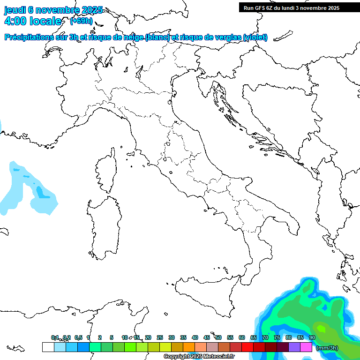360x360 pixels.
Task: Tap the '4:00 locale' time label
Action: pyautogui.click(x=32, y=21)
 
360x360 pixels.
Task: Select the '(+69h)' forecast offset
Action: pyautogui.click(x=81, y=21)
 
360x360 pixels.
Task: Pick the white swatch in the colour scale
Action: pyautogui.click(x=48, y=347)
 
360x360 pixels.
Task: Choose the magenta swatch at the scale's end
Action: pyautogui.click(x=306, y=347)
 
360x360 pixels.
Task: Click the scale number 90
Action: pyautogui.click(x=312, y=337)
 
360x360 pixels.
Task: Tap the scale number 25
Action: pyautogui.click(x=160, y=337)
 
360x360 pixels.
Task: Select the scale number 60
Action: pyautogui.click(x=242, y=337)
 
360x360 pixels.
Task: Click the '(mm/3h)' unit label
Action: pyautogui.click(x=327, y=348)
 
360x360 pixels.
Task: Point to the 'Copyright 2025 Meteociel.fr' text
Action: pyautogui.click(x=199, y=356)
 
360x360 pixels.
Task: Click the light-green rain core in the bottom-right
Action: pyautogui.click(x=322, y=328)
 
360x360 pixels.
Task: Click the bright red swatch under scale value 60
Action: pyautogui.click(x=247, y=347)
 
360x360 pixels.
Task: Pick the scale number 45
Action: pyautogui.click(x=207, y=337)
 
